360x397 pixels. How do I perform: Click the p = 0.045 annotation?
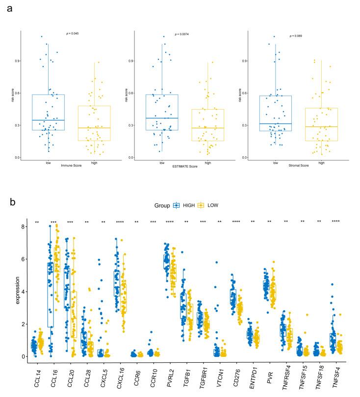click(73, 33)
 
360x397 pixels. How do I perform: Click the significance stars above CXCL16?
click(121, 223)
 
